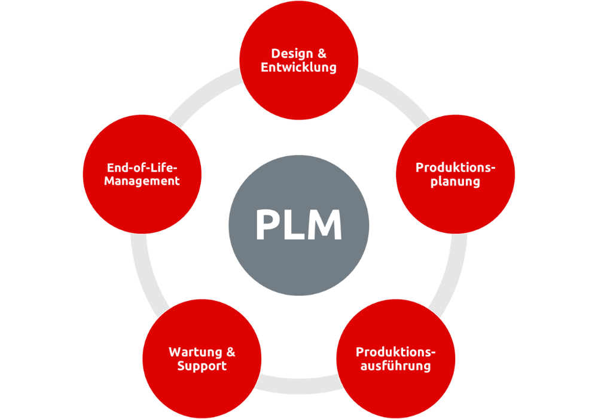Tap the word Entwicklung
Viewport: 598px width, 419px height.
click(299, 67)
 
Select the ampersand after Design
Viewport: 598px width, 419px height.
click(322, 53)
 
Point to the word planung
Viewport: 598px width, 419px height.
click(455, 181)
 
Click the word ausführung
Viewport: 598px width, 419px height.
click(395, 365)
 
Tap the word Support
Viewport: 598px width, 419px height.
click(202, 365)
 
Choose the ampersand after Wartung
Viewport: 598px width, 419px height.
click(230, 351)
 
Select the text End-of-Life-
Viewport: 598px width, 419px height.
click(142, 167)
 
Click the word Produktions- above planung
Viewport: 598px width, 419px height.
click(456, 167)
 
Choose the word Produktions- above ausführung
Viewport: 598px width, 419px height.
click(396, 351)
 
